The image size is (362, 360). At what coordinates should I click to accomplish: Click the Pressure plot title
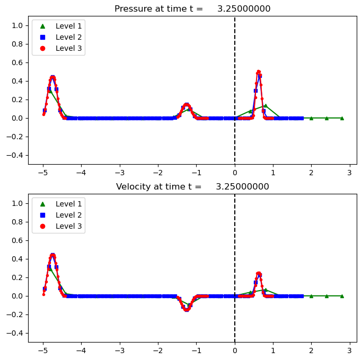pyautogui.click(x=192, y=8)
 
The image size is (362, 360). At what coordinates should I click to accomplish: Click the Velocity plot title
pyautogui.click(x=192, y=186)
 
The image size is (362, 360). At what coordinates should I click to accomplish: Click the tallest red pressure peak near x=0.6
pyautogui.click(x=258, y=72)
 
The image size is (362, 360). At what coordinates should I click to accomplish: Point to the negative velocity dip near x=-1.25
pyautogui.click(x=187, y=310)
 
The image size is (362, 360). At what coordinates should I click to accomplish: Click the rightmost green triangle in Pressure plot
pyautogui.click(x=342, y=118)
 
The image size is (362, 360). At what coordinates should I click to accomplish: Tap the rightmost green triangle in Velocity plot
pyautogui.click(x=342, y=296)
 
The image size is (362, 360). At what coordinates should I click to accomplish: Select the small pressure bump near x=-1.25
pyautogui.click(x=187, y=105)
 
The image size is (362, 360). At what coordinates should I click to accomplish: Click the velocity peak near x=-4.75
pyautogui.click(x=52, y=255)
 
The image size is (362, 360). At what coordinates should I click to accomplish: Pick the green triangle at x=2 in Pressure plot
pyautogui.click(x=311, y=118)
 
